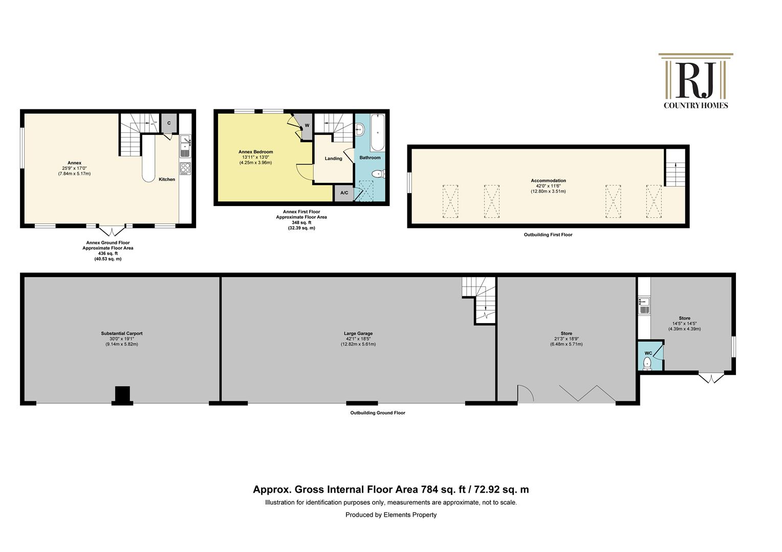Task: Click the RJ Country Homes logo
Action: (696, 81)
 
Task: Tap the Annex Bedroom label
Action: (255, 152)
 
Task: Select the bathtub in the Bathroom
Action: (377, 132)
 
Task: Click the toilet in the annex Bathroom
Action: (378, 173)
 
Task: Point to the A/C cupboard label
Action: (344, 193)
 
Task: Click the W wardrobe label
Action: (307, 126)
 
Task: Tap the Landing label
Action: (333, 158)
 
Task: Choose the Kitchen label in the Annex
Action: (167, 179)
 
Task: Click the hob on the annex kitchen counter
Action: (185, 169)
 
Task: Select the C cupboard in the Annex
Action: (169, 123)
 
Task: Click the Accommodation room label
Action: (549, 180)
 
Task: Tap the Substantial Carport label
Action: (122, 333)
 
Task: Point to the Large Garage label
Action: (358, 333)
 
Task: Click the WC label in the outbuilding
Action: (648, 353)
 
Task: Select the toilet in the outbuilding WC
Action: (647, 363)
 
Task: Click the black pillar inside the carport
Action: (122, 395)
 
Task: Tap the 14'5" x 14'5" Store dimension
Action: (685, 323)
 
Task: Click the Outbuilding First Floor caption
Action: (548, 235)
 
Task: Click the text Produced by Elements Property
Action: (391, 515)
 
